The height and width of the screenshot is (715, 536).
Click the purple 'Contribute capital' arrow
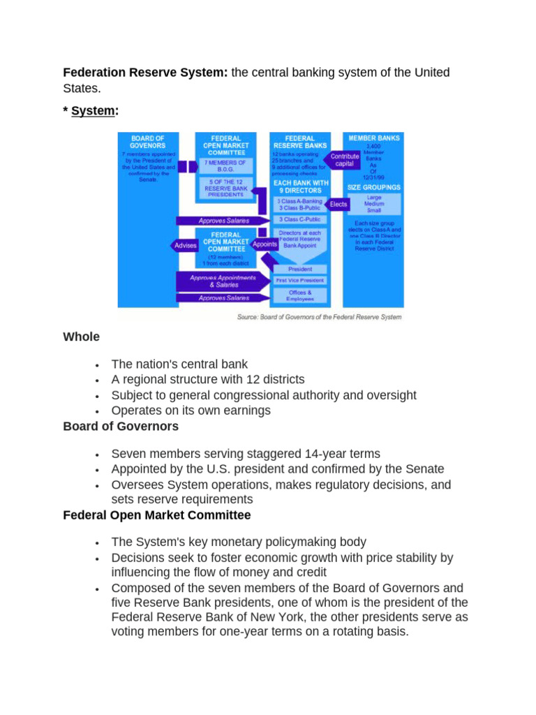(344, 160)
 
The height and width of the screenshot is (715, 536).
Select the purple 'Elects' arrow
(338, 205)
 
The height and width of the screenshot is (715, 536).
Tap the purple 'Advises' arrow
(184, 245)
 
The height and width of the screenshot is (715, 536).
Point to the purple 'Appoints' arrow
(265, 244)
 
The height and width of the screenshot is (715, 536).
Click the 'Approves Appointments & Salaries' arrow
(222, 281)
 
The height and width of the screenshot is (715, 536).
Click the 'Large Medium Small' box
(373, 204)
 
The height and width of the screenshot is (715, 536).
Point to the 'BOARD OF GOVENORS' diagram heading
(148, 142)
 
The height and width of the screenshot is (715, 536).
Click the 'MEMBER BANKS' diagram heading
(373, 138)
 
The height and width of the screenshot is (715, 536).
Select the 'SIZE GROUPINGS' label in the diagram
(373, 187)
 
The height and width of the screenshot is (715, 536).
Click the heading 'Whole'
(81, 337)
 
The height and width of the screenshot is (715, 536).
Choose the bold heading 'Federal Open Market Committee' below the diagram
(156, 515)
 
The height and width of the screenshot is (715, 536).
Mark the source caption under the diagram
(320, 317)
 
